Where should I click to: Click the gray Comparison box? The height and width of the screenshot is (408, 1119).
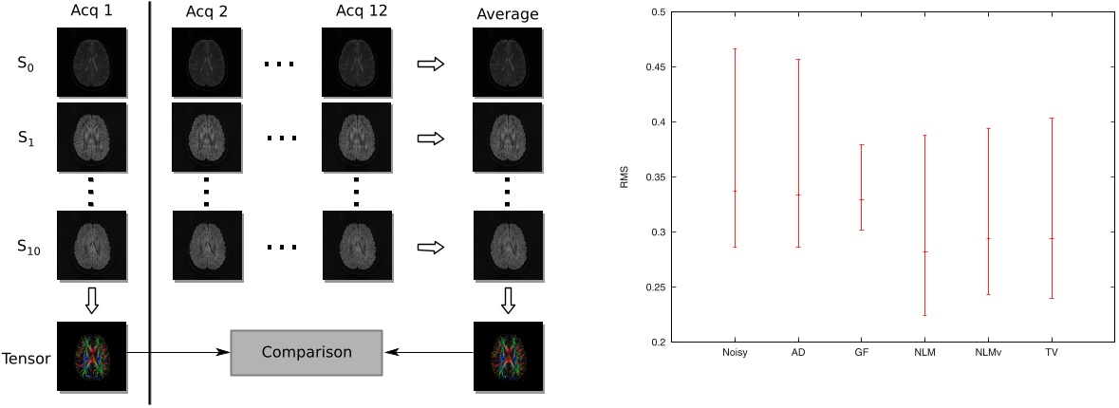point(306,352)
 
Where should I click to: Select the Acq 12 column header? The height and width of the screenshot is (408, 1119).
point(357,12)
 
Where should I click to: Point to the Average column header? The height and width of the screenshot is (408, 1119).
point(507,14)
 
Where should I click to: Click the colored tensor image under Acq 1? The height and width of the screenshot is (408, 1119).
point(91,357)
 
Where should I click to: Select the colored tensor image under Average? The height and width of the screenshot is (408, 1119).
point(508,357)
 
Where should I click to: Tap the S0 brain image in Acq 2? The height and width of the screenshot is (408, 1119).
point(205,63)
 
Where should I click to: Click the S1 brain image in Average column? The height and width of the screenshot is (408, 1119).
point(508,138)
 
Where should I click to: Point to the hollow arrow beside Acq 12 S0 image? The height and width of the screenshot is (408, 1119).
point(431,64)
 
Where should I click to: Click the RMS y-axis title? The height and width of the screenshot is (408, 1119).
point(625,177)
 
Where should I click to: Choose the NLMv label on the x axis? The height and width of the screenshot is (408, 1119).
point(988,353)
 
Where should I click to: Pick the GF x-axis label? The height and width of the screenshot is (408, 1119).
point(861,353)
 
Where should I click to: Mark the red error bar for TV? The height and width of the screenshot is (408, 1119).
point(1052,208)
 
